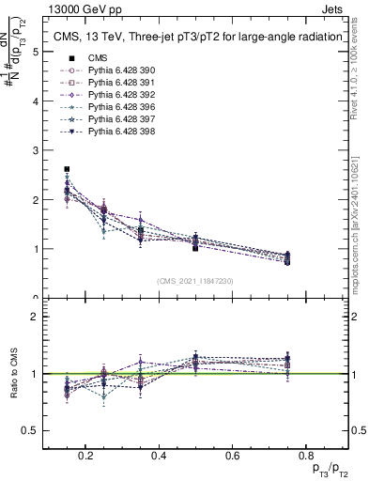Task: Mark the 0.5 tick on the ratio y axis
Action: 30,430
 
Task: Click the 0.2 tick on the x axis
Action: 86,456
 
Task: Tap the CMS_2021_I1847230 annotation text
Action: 194,281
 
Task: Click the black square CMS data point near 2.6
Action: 67,169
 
